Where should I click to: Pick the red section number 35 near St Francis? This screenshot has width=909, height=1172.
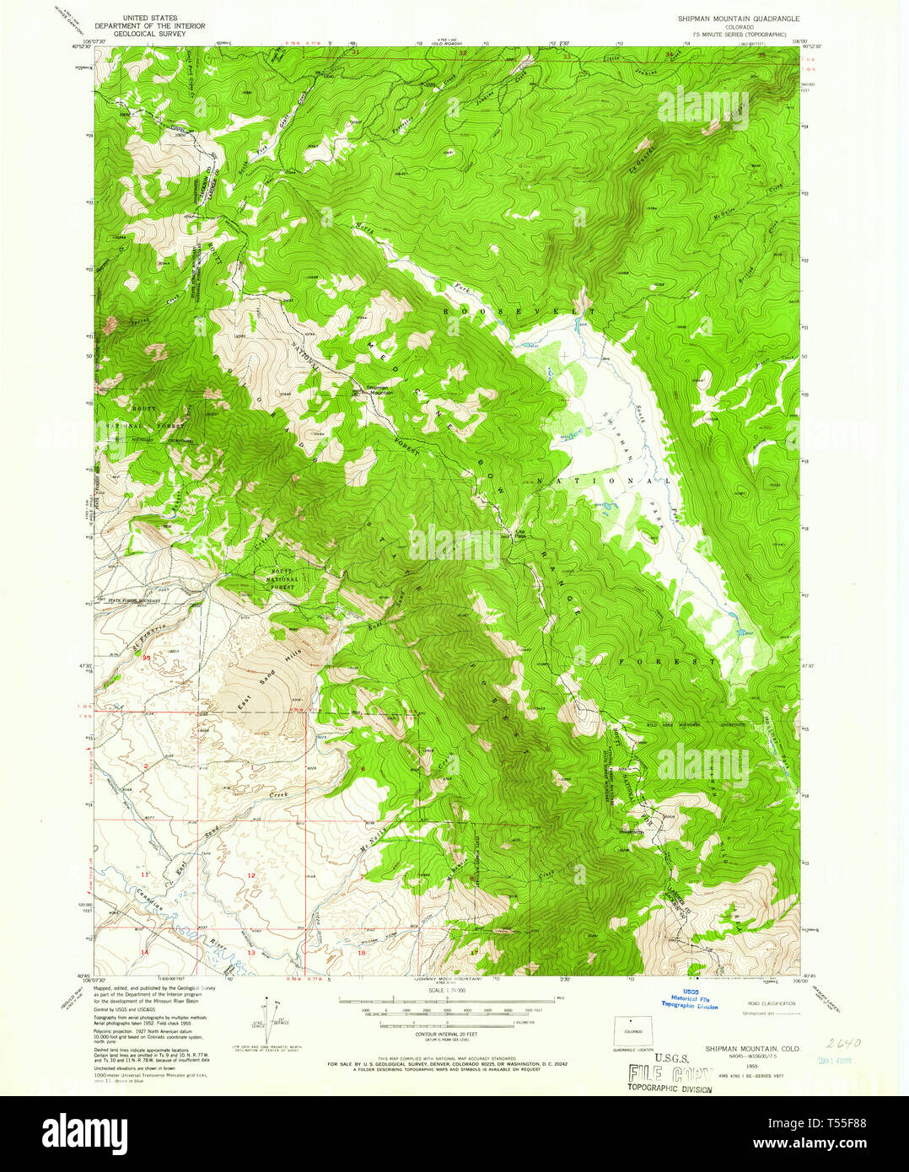pyautogui.click(x=146, y=657)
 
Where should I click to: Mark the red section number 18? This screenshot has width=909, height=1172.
pyautogui.click(x=362, y=952)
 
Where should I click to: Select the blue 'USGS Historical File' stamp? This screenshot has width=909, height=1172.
pyautogui.click(x=689, y=999)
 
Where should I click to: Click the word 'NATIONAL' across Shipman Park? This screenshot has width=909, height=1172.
pyautogui.click(x=604, y=481)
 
